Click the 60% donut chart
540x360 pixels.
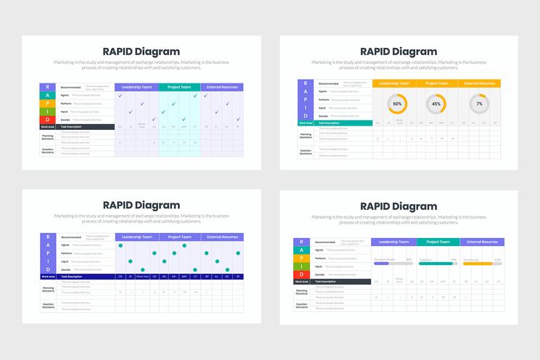coord(397,104)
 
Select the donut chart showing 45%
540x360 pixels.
coord(436,104)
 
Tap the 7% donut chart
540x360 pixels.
coord(479,104)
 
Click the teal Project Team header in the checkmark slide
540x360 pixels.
coord(179,87)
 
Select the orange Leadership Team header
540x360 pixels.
coord(395,83)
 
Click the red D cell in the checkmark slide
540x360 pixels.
coord(48,119)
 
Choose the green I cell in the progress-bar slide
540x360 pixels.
coord(301,266)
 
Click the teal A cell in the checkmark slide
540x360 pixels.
coord(48,95)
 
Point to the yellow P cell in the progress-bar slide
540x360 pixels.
coord(301,258)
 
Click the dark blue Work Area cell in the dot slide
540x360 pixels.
coord(48,277)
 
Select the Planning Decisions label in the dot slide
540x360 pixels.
coord(48,289)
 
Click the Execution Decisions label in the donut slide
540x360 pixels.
coord(306,151)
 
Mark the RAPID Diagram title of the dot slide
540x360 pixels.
coord(142,205)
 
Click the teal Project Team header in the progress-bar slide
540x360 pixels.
coord(438,242)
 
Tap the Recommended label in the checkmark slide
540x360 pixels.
coord(71,87)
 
